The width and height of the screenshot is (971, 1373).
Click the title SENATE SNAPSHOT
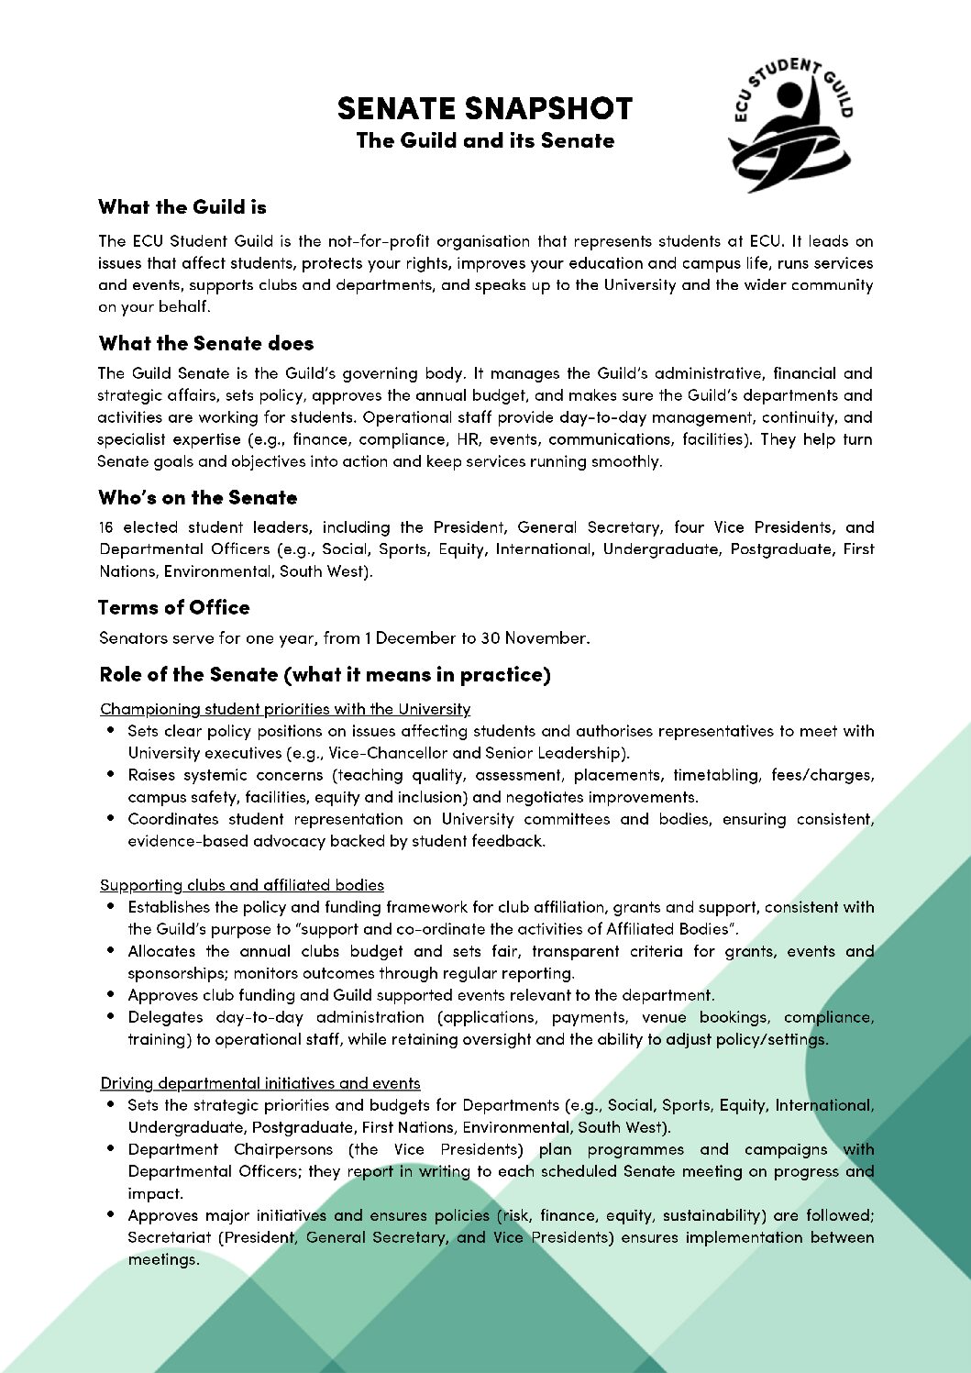pos(484,108)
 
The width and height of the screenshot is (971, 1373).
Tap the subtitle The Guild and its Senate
pos(484,141)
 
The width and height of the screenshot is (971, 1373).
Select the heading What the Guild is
pos(182,207)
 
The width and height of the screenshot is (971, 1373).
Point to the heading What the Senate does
pos(205,344)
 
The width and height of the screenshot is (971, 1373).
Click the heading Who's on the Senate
pos(197,498)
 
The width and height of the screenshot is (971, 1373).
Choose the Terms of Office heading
pos(173,608)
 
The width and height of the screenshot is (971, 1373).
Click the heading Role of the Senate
pos(325,675)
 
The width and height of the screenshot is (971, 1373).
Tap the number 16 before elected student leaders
pos(106,527)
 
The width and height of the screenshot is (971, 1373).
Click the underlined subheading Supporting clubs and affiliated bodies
pos(241,885)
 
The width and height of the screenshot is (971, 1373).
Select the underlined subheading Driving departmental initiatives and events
pos(259,1083)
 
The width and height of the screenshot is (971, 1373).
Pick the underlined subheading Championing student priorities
pos(284,709)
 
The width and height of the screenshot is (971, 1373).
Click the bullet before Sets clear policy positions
pos(111,731)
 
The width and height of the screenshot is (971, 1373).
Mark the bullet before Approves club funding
pos(111,995)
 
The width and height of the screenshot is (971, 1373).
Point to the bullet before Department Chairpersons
pos(111,1149)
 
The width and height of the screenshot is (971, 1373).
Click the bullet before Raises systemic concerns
pos(111,775)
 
